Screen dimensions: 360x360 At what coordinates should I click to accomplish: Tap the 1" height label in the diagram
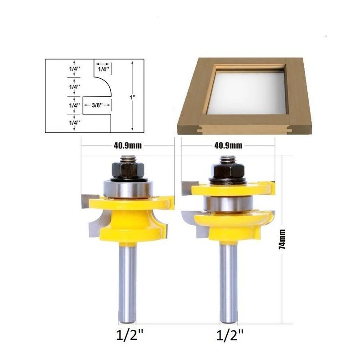click(x=132, y=97)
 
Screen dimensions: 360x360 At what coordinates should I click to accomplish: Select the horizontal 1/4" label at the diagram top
click(x=104, y=69)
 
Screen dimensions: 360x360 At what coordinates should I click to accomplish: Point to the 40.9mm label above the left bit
click(x=128, y=145)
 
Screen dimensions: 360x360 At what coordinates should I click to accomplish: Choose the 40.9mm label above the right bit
click(x=228, y=145)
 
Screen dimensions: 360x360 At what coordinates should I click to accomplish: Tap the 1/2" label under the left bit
click(x=130, y=335)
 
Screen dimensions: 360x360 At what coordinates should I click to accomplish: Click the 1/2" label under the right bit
click(x=230, y=335)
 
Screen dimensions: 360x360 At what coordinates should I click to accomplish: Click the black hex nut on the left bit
click(x=128, y=170)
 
